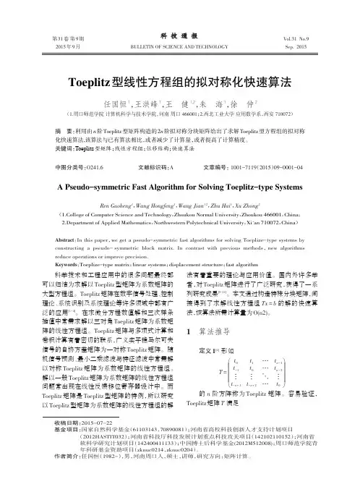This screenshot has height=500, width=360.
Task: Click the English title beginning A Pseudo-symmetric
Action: coord(179,186)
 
